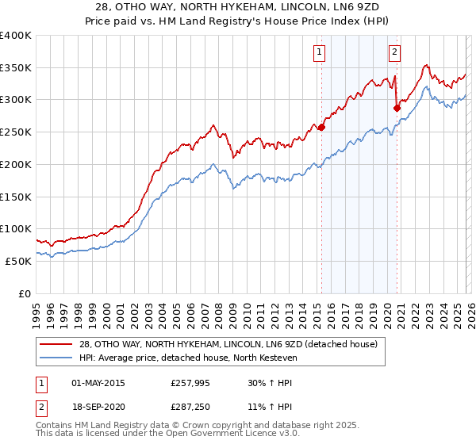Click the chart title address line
(238, 7)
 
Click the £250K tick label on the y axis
(16, 132)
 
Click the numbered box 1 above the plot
(319, 53)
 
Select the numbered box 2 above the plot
(394, 53)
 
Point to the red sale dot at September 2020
(397, 108)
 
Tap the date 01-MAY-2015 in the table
(98, 383)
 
